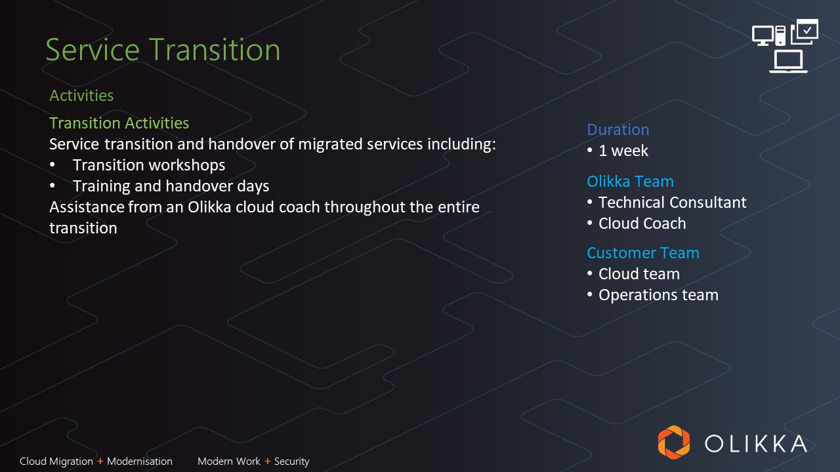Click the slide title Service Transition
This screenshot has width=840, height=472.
[163, 50]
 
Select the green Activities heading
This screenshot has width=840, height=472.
[81, 96]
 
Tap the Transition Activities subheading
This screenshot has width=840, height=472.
[119, 123]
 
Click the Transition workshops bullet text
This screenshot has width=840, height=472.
[149, 165]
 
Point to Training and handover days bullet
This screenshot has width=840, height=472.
[171, 186]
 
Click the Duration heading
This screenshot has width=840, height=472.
[618, 130]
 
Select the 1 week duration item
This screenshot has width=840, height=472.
[623, 151]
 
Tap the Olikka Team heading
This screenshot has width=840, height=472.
[631, 182]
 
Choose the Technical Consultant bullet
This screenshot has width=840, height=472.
[673, 203]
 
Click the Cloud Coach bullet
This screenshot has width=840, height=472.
[642, 224]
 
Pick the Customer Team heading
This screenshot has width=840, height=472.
[643, 253]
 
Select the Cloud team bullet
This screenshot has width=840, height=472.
[639, 274]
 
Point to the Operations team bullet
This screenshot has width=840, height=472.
[658, 295]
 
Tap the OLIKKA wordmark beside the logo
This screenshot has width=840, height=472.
[756, 444]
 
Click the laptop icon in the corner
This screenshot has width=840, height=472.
[788, 62]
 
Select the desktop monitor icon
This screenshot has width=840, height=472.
[763, 35]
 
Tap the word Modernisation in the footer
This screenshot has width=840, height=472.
[140, 461]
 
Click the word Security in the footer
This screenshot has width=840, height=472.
[292, 462]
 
